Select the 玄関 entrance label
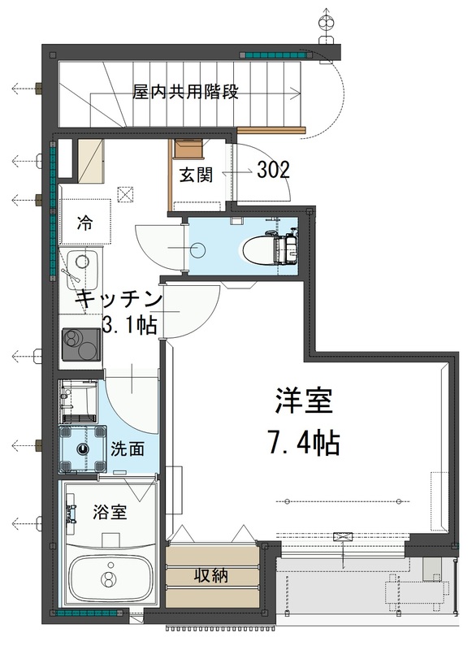coord(196,175)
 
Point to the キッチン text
coord(119,299)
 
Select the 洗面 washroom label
coord(128,448)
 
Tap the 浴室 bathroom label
coord(109,513)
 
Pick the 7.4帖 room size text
coord(303,443)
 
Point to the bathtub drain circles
coord(106,579)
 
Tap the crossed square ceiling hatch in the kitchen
coord(125,193)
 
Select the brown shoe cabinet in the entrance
coord(188,149)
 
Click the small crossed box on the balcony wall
coord(344,537)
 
